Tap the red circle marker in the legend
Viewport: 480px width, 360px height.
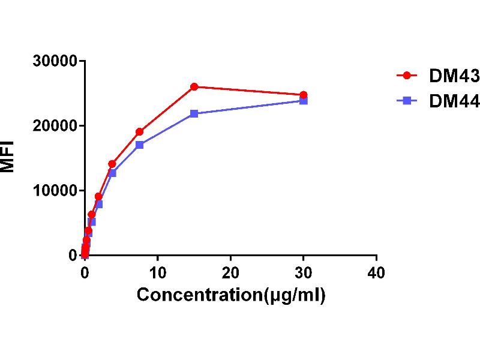coord(407,76)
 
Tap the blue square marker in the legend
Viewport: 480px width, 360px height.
coord(407,101)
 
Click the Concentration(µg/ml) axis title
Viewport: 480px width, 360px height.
coord(231,295)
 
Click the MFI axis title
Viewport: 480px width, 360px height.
coord(8,157)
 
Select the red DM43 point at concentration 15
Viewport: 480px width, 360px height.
coord(194,86)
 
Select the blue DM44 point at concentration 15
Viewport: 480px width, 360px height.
coord(194,113)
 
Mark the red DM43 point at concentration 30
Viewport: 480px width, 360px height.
coord(304,95)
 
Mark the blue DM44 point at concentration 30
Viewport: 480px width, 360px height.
coord(304,101)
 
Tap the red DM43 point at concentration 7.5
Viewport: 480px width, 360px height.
coord(139,131)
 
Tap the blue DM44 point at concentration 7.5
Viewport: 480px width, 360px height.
coord(139,145)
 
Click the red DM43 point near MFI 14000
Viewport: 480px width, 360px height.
coord(112,164)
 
